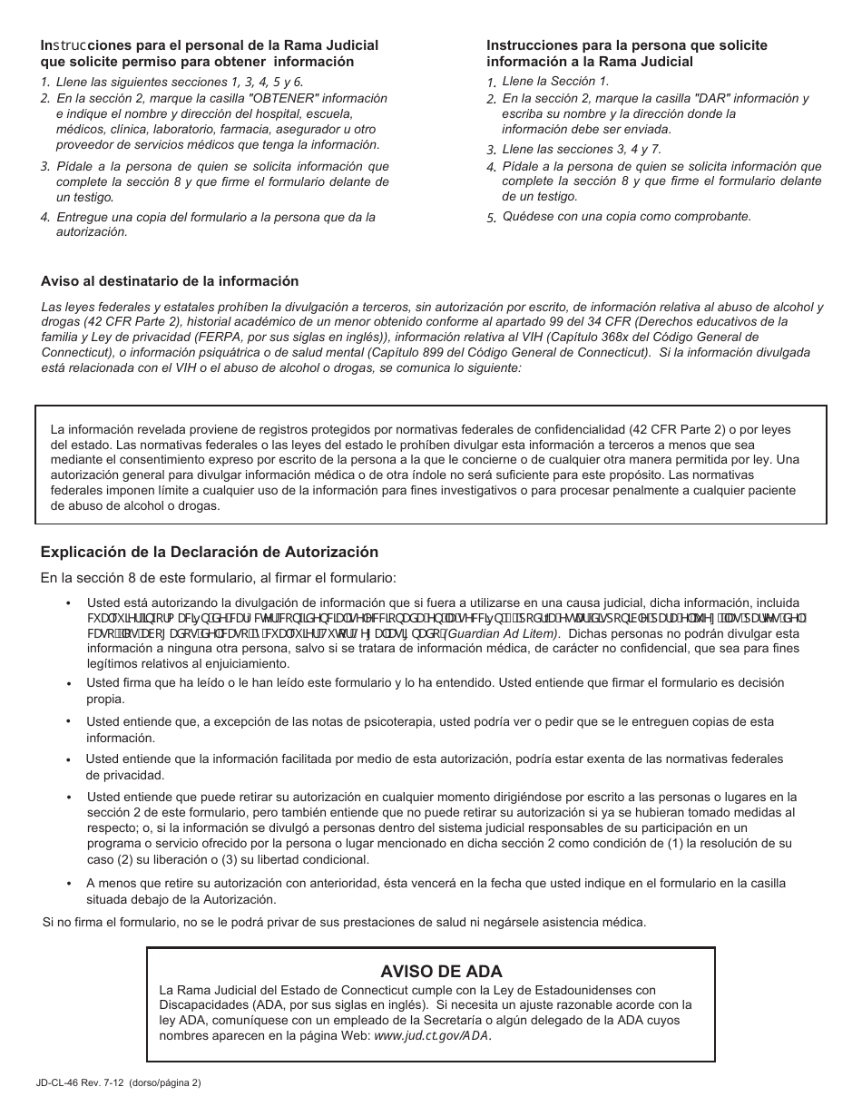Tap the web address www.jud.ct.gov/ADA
point(433,1035)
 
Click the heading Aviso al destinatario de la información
point(170,281)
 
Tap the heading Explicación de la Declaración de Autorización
point(209,552)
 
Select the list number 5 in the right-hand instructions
point(491,218)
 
